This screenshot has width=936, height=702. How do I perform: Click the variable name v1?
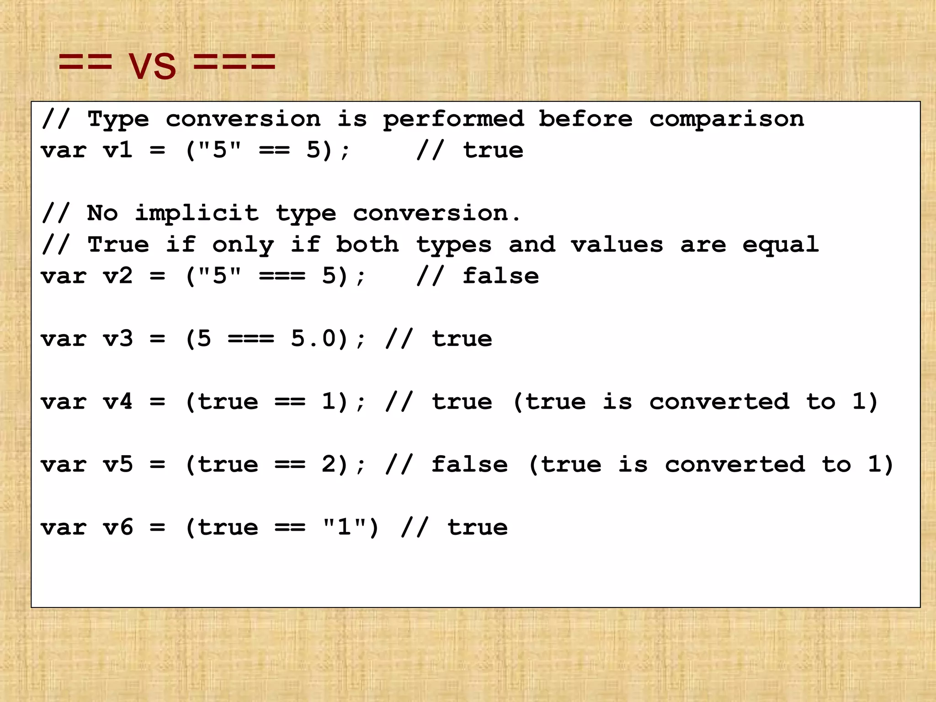(x=118, y=150)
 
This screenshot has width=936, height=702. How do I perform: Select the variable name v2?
(x=118, y=276)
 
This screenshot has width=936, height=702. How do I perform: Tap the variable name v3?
(x=118, y=339)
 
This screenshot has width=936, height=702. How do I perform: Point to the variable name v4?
(x=118, y=402)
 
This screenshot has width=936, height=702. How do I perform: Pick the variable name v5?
(x=118, y=465)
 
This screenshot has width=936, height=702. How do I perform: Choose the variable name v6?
(x=118, y=527)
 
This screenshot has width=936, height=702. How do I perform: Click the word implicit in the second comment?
(x=197, y=213)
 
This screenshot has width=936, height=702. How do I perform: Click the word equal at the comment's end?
(x=780, y=245)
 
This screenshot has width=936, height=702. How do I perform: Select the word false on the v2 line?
(x=500, y=276)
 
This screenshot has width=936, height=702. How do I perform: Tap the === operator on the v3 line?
(x=251, y=339)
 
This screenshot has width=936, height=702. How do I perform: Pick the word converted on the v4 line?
(x=719, y=402)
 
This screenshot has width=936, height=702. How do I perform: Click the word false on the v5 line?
(x=469, y=465)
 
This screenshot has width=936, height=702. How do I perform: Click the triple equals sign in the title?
(x=234, y=62)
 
